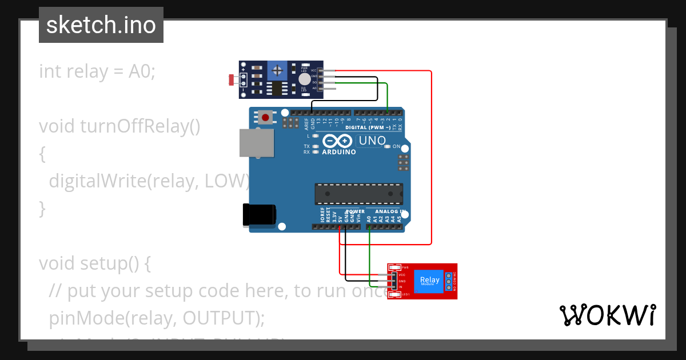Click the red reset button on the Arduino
click(265, 118)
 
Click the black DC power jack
click(258, 215)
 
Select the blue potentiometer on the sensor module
click(278, 71)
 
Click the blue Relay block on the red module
click(429, 281)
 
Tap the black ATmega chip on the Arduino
click(358, 194)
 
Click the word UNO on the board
click(372, 141)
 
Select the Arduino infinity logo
click(338, 141)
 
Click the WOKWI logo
click(607, 315)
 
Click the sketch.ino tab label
click(101, 25)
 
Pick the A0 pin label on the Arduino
click(369, 218)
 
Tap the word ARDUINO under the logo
click(338, 152)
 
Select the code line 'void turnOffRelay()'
click(119, 126)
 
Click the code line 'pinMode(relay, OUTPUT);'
click(157, 318)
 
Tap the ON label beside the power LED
click(396, 146)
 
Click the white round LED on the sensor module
click(305, 79)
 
